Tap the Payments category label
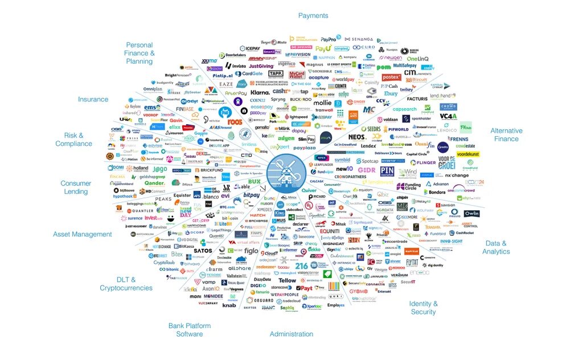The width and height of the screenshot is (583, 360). [x=313, y=15]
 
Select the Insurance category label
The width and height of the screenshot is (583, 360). [x=93, y=99]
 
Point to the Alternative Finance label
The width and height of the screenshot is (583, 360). [x=506, y=134]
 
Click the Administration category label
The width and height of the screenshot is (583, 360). [x=291, y=334]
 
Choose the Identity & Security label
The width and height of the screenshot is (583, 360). [x=423, y=308]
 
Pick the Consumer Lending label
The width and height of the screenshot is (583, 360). [x=76, y=187]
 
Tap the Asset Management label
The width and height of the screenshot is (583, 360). [x=83, y=234]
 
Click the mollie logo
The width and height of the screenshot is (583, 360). [x=322, y=103]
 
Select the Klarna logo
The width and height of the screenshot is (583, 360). [x=260, y=92]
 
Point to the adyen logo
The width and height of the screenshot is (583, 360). [x=286, y=138]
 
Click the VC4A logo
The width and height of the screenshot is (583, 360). [x=448, y=116]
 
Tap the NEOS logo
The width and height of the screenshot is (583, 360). [x=357, y=137]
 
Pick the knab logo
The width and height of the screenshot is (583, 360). [x=229, y=305]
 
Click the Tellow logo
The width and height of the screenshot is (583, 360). [x=287, y=280]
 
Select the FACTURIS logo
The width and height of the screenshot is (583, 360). [x=417, y=99]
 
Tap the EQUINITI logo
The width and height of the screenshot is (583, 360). [x=329, y=231]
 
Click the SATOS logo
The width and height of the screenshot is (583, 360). [x=203, y=251]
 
